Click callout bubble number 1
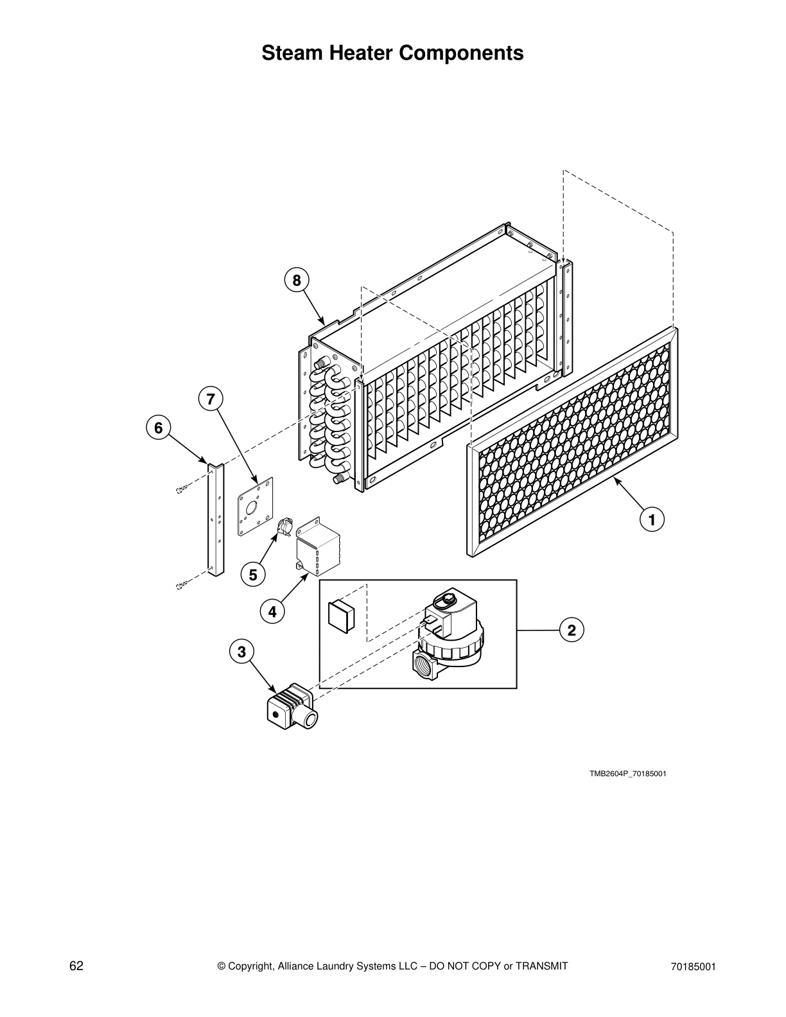click(x=651, y=519)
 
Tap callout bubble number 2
click(x=570, y=630)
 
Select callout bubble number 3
click(x=241, y=652)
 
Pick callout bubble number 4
click(x=272, y=612)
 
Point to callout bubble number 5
click(x=253, y=575)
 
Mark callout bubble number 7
click(x=211, y=399)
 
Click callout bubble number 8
click(x=296, y=280)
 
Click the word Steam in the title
click(x=292, y=53)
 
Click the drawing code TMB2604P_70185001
click(x=627, y=773)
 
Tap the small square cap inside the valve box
click(x=341, y=616)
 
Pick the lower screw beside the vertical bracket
click(x=181, y=585)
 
